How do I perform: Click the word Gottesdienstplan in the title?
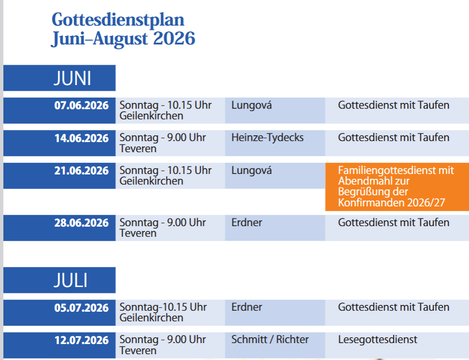point(118,20)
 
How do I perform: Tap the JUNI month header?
point(73,78)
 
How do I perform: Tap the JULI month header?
point(71,280)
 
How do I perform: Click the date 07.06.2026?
point(81,105)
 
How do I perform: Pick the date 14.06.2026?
point(81,138)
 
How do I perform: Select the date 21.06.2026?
point(81,171)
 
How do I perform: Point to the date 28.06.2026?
point(81,223)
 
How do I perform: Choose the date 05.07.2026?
point(81,308)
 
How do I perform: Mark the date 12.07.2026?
point(81,340)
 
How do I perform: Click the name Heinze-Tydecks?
point(267,138)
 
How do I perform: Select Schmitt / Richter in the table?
point(270,340)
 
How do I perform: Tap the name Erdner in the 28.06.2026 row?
point(247,223)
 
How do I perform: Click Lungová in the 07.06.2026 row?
point(251,105)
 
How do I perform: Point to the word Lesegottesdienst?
point(378,340)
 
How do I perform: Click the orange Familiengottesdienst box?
point(397,187)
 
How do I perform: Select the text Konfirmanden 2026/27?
point(392,203)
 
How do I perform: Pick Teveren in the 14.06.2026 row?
point(138,149)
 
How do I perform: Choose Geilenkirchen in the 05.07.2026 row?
point(151,318)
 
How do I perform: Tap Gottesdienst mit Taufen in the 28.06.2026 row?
point(394,223)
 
